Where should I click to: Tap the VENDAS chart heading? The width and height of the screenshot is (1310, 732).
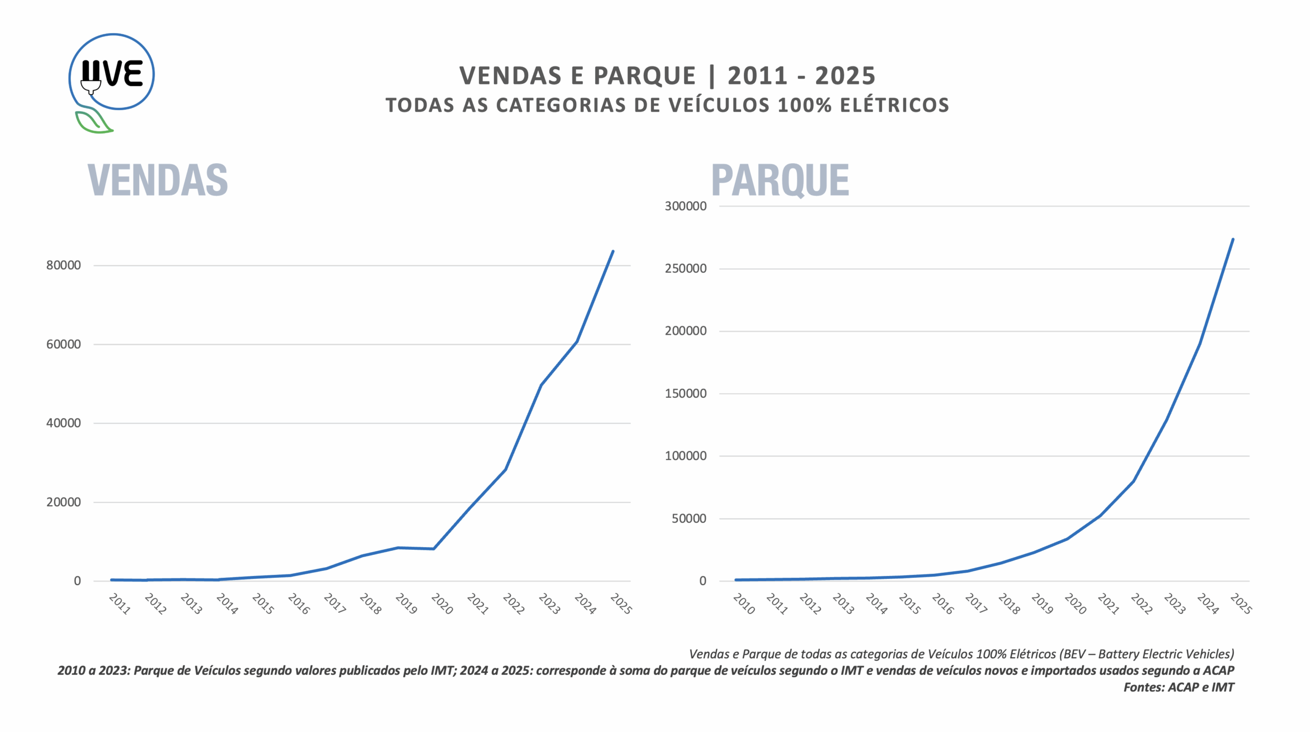pyautogui.click(x=158, y=180)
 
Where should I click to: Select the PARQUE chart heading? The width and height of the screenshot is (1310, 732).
pyautogui.click(x=780, y=180)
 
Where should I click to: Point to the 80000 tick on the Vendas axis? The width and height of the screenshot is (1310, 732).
pyautogui.click(x=63, y=265)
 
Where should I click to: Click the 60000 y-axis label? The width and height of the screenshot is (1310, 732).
pyautogui.click(x=63, y=344)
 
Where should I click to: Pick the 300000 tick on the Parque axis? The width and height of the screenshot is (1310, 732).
pyautogui.click(x=685, y=206)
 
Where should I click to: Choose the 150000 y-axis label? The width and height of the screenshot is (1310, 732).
pyautogui.click(x=685, y=394)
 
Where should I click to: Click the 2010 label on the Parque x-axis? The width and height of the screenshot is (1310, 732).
pyautogui.click(x=744, y=604)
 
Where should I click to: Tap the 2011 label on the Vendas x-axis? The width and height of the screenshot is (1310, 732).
pyautogui.click(x=120, y=604)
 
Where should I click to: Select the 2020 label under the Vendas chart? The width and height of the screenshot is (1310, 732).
pyautogui.click(x=442, y=604)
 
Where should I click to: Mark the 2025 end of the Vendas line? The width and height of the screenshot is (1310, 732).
pyautogui.click(x=613, y=251)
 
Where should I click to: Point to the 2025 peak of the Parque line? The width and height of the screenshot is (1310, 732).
pyautogui.click(x=1233, y=239)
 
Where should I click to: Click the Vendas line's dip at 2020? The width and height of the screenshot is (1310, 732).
pyautogui.click(x=434, y=549)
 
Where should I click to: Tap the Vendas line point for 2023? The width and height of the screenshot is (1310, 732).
pyautogui.click(x=541, y=385)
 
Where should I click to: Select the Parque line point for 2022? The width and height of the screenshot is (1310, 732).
pyautogui.click(x=1133, y=481)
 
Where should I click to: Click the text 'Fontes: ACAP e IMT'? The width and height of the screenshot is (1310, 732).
pyautogui.click(x=1178, y=687)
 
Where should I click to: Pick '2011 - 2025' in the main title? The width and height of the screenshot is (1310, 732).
pyautogui.click(x=801, y=76)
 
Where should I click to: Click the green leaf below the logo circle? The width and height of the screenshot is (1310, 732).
pyautogui.click(x=92, y=122)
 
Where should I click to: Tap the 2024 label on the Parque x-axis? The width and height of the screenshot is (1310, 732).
pyautogui.click(x=1208, y=604)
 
